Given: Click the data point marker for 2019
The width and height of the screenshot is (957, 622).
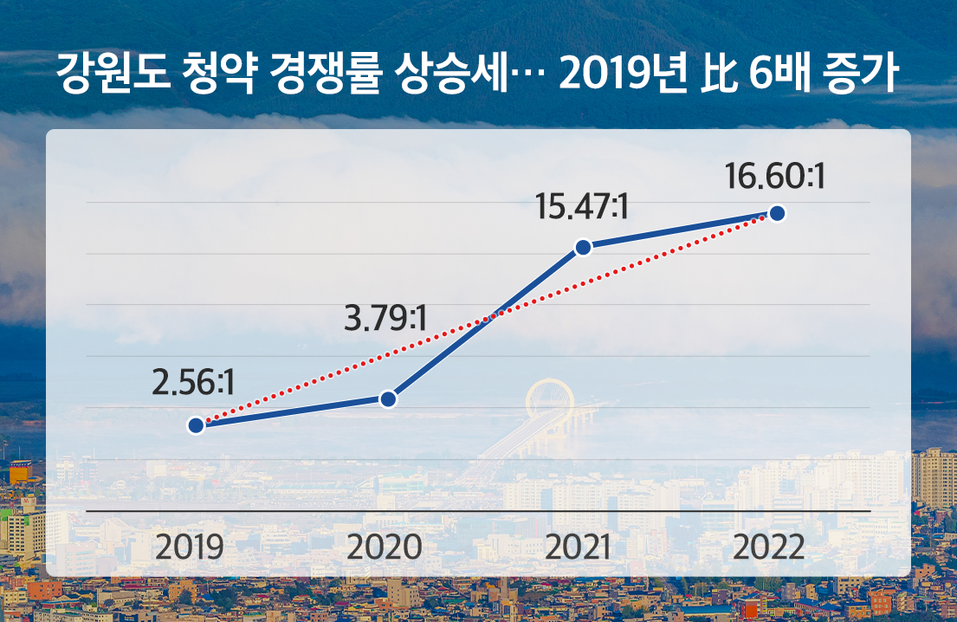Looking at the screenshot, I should tap(196, 425).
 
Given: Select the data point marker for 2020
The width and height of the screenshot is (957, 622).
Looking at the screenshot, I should tap(388, 398).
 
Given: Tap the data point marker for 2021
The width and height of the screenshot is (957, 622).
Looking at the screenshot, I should tap(583, 248).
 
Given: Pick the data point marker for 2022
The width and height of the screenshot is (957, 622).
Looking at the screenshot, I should tap(777, 213).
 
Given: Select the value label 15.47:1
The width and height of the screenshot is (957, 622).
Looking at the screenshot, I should tap(580, 207).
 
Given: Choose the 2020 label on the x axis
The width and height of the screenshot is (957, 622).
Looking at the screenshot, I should tap(385, 547).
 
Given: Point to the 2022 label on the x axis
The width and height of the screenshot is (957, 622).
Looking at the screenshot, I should tap(769, 547).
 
